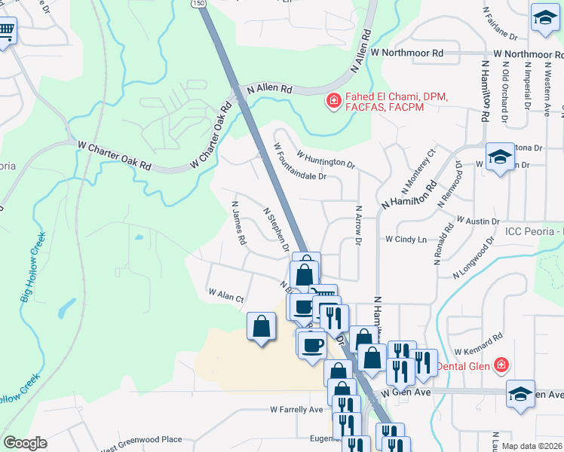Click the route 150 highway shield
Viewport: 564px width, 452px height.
pyautogui.click(x=198, y=4)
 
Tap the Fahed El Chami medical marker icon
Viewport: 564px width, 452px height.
pyautogui.click(x=332, y=100)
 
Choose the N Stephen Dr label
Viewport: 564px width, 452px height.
pyautogui.click(x=277, y=230)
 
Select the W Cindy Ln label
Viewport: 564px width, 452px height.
pyautogui.click(x=406, y=240)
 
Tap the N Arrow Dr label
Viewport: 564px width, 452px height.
pyautogui.click(x=358, y=224)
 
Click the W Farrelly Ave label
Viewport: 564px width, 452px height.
pyautogui.click(x=296, y=410)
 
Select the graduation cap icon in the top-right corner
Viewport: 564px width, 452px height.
pyautogui.click(x=543, y=16)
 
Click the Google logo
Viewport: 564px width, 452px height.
pyautogui.click(x=25, y=442)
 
